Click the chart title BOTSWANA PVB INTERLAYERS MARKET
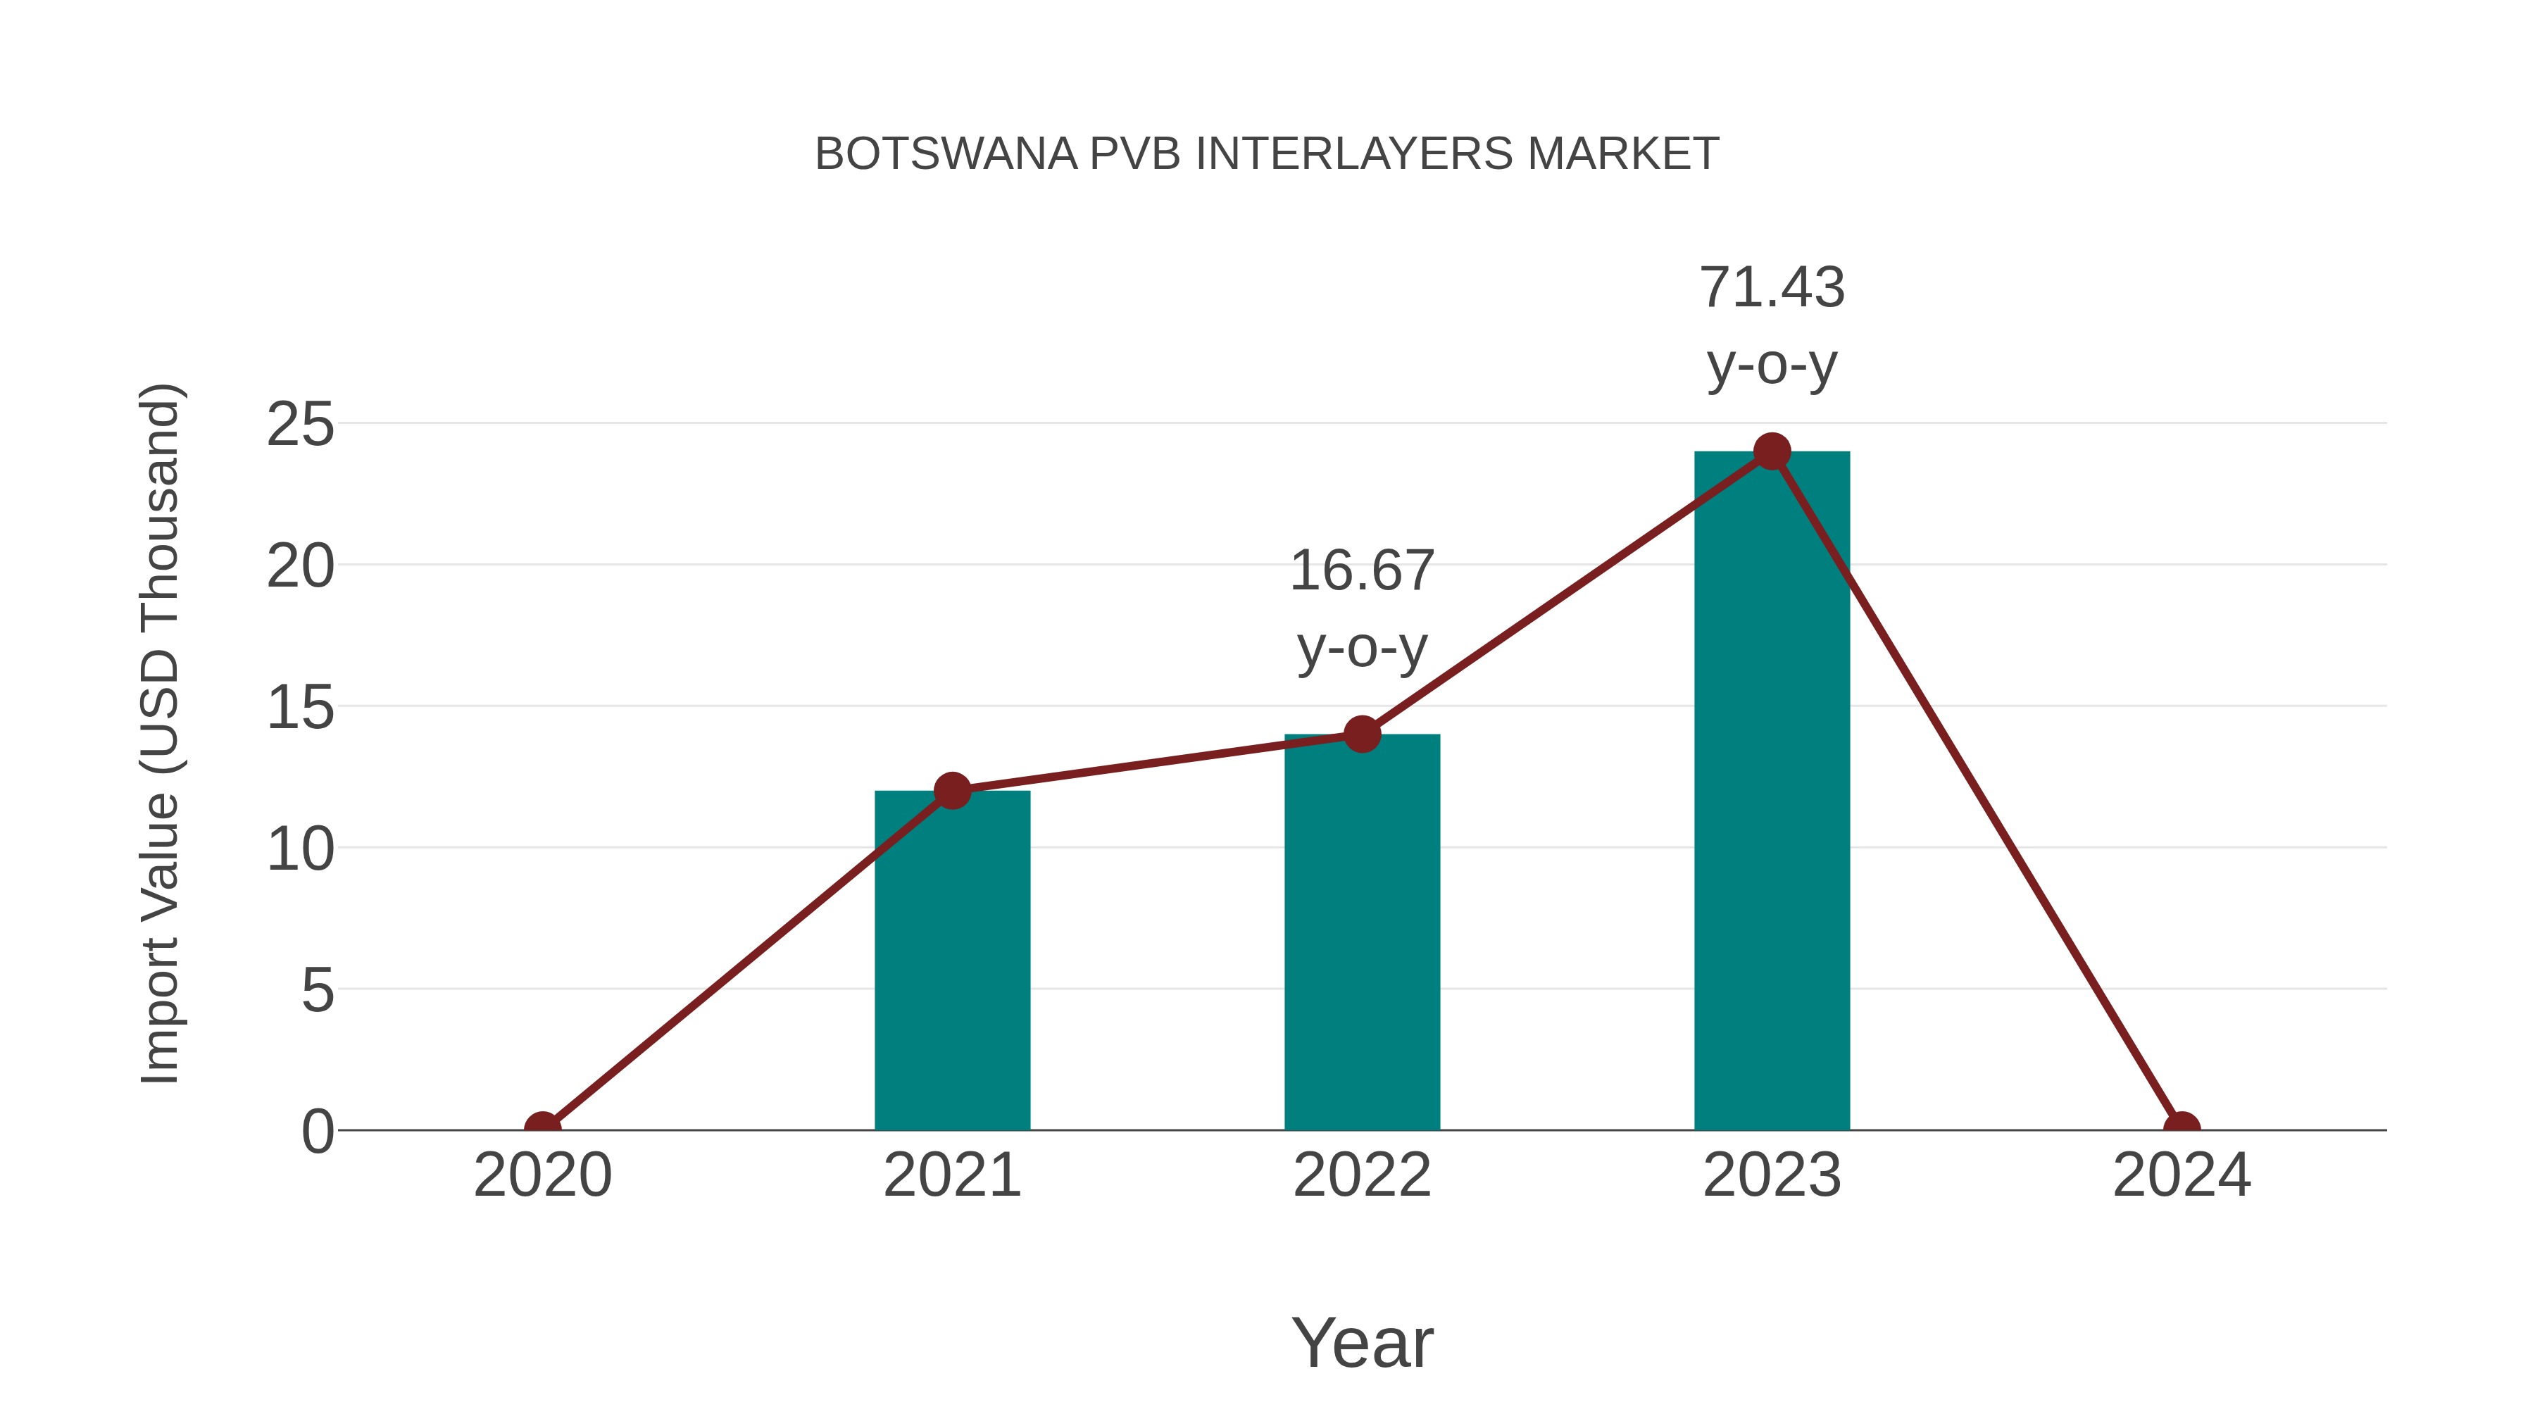pyautogui.click(x=1267, y=154)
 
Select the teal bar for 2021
pyautogui.click(x=951, y=965)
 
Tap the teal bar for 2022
pyautogui.click(x=1361, y=935)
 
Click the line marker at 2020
pyautogui.click(x=542, y=1128)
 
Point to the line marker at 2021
pyautogui.click(x=951, y=790)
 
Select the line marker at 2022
pyautogui.click(x=1361, y=734)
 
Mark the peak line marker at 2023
pyautogui.click(x=1772, y=451)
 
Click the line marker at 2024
pyautogui.click(x=2182, y=1128)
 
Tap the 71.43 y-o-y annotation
pyautogui.click(x=1772, y=326)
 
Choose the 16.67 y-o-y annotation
pyautogui.click(x=1361, y=608)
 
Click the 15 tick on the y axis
pyautogui.click(x=300, y=708)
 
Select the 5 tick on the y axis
pyautogui.click(x=317, y=990)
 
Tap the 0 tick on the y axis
pyautogui.click(x=317, y=1132)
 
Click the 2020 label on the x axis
pyautogui.click(x=542, y=1175)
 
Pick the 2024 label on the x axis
pyautogui.click(x=2182, y=1175)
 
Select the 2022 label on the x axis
pyautogui.click(x=1361, y=1175)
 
